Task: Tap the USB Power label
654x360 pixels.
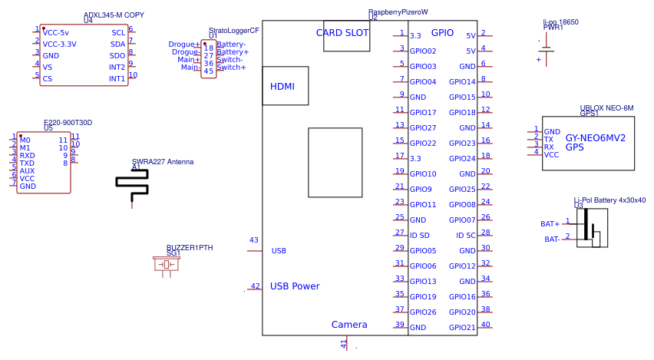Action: click(294, 286)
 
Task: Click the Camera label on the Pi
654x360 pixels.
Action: click(349, 325)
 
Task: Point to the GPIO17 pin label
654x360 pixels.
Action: click(423, 113)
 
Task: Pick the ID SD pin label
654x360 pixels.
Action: click(421, 235)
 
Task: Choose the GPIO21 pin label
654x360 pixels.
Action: click(462, 328)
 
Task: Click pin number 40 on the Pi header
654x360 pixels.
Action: click(486, 325)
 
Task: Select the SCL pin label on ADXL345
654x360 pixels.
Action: click(118, 33)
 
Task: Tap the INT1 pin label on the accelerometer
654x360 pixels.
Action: click(117, 78)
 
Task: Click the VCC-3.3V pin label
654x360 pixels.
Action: click(64, 45)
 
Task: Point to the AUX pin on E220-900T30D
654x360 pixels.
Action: click(27, 170)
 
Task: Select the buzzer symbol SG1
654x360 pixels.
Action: click(167, 265)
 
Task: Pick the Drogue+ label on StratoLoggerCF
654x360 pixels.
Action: click(184, 45)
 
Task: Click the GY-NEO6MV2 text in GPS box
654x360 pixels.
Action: click(596, 138)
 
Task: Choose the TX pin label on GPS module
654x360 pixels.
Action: click(549, 140)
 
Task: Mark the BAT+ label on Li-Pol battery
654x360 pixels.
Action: click(550, 224)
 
